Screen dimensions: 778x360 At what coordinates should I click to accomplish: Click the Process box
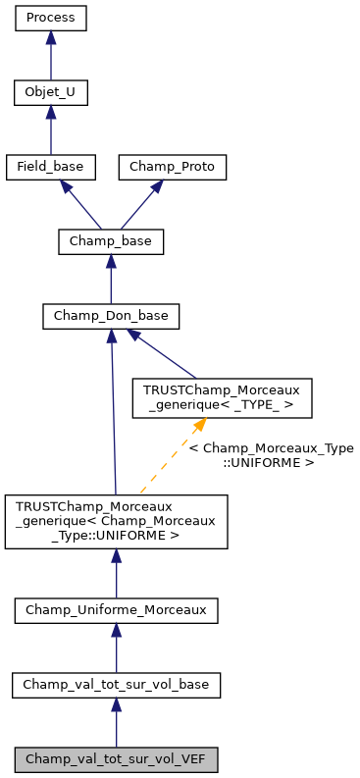[51, 18]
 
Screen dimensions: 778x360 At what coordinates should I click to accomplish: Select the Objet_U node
[51, 93]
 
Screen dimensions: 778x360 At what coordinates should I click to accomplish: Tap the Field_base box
[51, 168]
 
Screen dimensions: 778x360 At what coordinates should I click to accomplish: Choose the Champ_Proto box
[173, 168]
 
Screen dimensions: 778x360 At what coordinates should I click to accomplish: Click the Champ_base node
[111, 241]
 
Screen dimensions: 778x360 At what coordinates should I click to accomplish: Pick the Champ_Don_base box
[111, 316]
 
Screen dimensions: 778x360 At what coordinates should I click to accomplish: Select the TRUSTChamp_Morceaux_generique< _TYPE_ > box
[223, 397]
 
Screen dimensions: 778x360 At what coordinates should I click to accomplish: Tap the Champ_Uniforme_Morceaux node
[116, 610]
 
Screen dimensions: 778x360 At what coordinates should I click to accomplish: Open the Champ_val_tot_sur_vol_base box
[116, 685]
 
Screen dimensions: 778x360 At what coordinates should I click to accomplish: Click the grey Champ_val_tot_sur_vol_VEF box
[116, 759]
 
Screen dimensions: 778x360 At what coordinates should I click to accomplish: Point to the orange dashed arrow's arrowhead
[200, 425]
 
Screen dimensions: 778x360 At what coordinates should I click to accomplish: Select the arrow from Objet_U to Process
[51, 56]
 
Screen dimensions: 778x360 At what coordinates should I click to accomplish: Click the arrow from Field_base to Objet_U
[51, 130]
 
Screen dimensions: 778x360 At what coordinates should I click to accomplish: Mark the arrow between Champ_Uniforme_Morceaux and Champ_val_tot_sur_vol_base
[116, 648]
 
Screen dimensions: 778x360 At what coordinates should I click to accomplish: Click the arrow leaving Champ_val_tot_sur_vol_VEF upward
[116, 723]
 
